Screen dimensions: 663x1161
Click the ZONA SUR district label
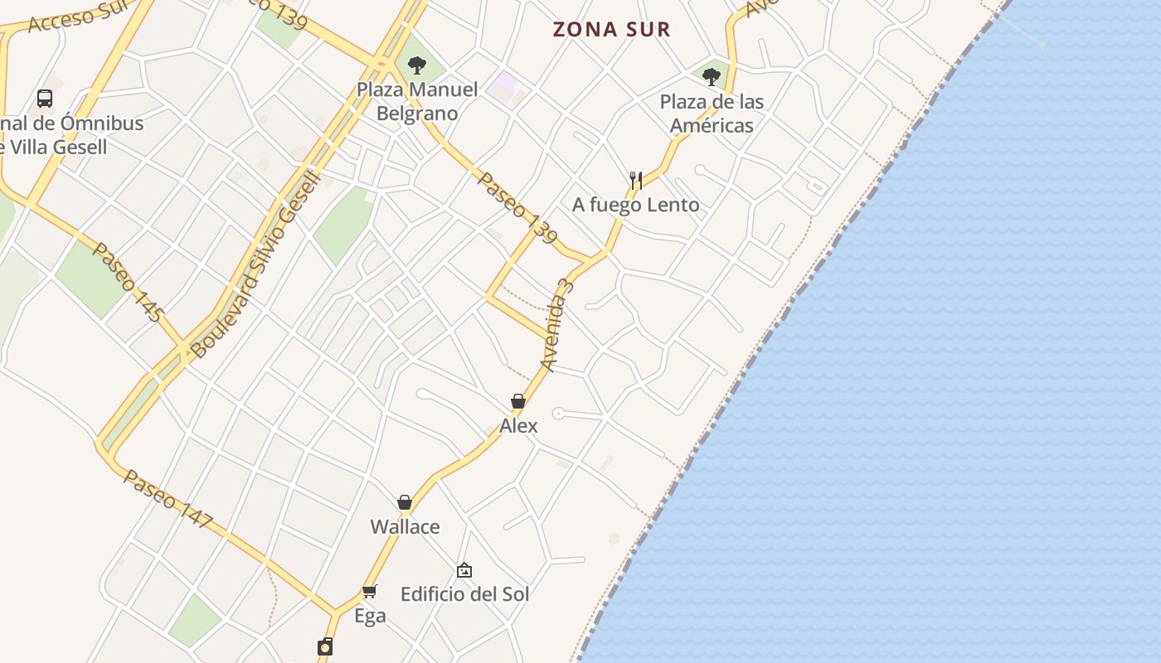611,30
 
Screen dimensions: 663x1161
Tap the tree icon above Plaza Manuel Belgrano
417,65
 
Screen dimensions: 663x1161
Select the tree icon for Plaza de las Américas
711,77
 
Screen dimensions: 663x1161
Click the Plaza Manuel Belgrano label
417,101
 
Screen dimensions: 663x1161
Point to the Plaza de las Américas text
712,114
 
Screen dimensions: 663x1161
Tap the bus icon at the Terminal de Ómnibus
45,99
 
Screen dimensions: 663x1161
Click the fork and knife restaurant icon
636,180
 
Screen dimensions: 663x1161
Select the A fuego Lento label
636,205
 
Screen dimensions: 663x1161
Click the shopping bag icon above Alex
518,402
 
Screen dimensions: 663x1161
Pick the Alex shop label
518,426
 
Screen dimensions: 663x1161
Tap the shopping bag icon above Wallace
405,502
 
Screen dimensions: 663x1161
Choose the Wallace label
405,527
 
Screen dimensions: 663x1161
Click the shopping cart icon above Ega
370,591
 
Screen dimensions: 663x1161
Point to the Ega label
370,616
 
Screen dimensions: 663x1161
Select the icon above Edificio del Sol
464,570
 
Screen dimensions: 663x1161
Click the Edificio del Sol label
464,594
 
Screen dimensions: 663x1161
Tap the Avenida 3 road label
557,325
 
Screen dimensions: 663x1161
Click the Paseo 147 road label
168,499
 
